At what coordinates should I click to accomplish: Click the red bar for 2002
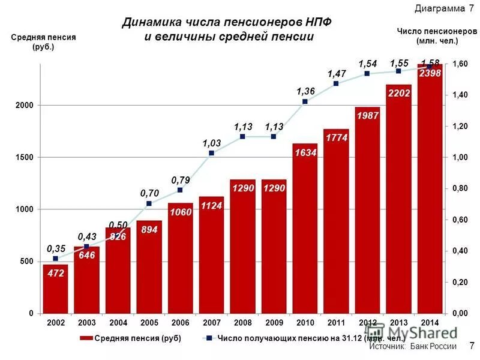[55, 289]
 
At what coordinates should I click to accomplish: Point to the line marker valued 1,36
[305, 101]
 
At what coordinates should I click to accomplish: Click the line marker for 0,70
[149, 203]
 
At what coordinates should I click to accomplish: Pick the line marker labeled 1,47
[336, 83]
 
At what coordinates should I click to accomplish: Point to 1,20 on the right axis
[460, 126]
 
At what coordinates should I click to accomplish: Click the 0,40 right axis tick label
[460, 251]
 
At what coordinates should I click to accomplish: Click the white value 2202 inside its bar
[398, 94]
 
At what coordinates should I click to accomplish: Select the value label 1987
[367, 116]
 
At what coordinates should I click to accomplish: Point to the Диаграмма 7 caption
[443, 8]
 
